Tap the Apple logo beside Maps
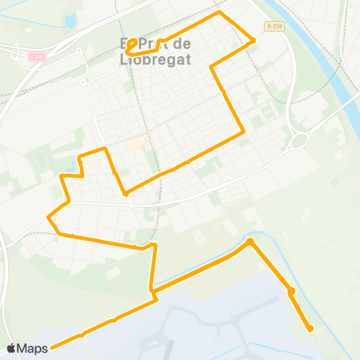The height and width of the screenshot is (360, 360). (11, 349)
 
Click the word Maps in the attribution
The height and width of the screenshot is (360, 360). (33, 349)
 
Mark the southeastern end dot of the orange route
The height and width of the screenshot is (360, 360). (310, 328)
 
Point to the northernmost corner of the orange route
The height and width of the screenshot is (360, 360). (219, 13)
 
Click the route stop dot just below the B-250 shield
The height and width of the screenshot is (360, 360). (253, 40)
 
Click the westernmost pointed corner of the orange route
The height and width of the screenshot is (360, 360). (49, 218)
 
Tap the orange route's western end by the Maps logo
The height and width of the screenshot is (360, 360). (52, 347)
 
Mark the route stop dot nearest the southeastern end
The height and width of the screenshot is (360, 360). (291, 291)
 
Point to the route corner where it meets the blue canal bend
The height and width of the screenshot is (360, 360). (250, 241)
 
